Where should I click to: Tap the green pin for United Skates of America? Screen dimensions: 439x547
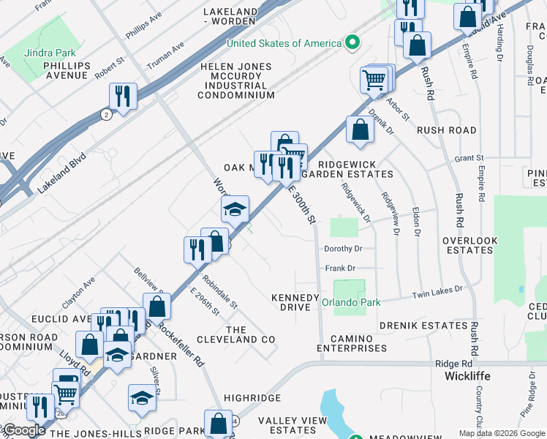pos(352,43)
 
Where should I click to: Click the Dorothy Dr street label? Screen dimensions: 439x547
pos(339,249)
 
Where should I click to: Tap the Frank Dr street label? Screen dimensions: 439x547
pos(340,269)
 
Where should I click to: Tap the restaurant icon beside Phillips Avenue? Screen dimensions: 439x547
pos(122,95)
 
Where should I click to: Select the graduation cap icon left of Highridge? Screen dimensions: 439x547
pos(142,397)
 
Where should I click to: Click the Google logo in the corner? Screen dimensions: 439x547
pos(24,430)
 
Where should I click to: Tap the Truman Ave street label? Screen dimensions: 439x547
pos(165,56)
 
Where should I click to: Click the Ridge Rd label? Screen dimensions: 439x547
pos(453,364)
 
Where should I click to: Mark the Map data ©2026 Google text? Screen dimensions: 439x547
pos(502,433)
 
